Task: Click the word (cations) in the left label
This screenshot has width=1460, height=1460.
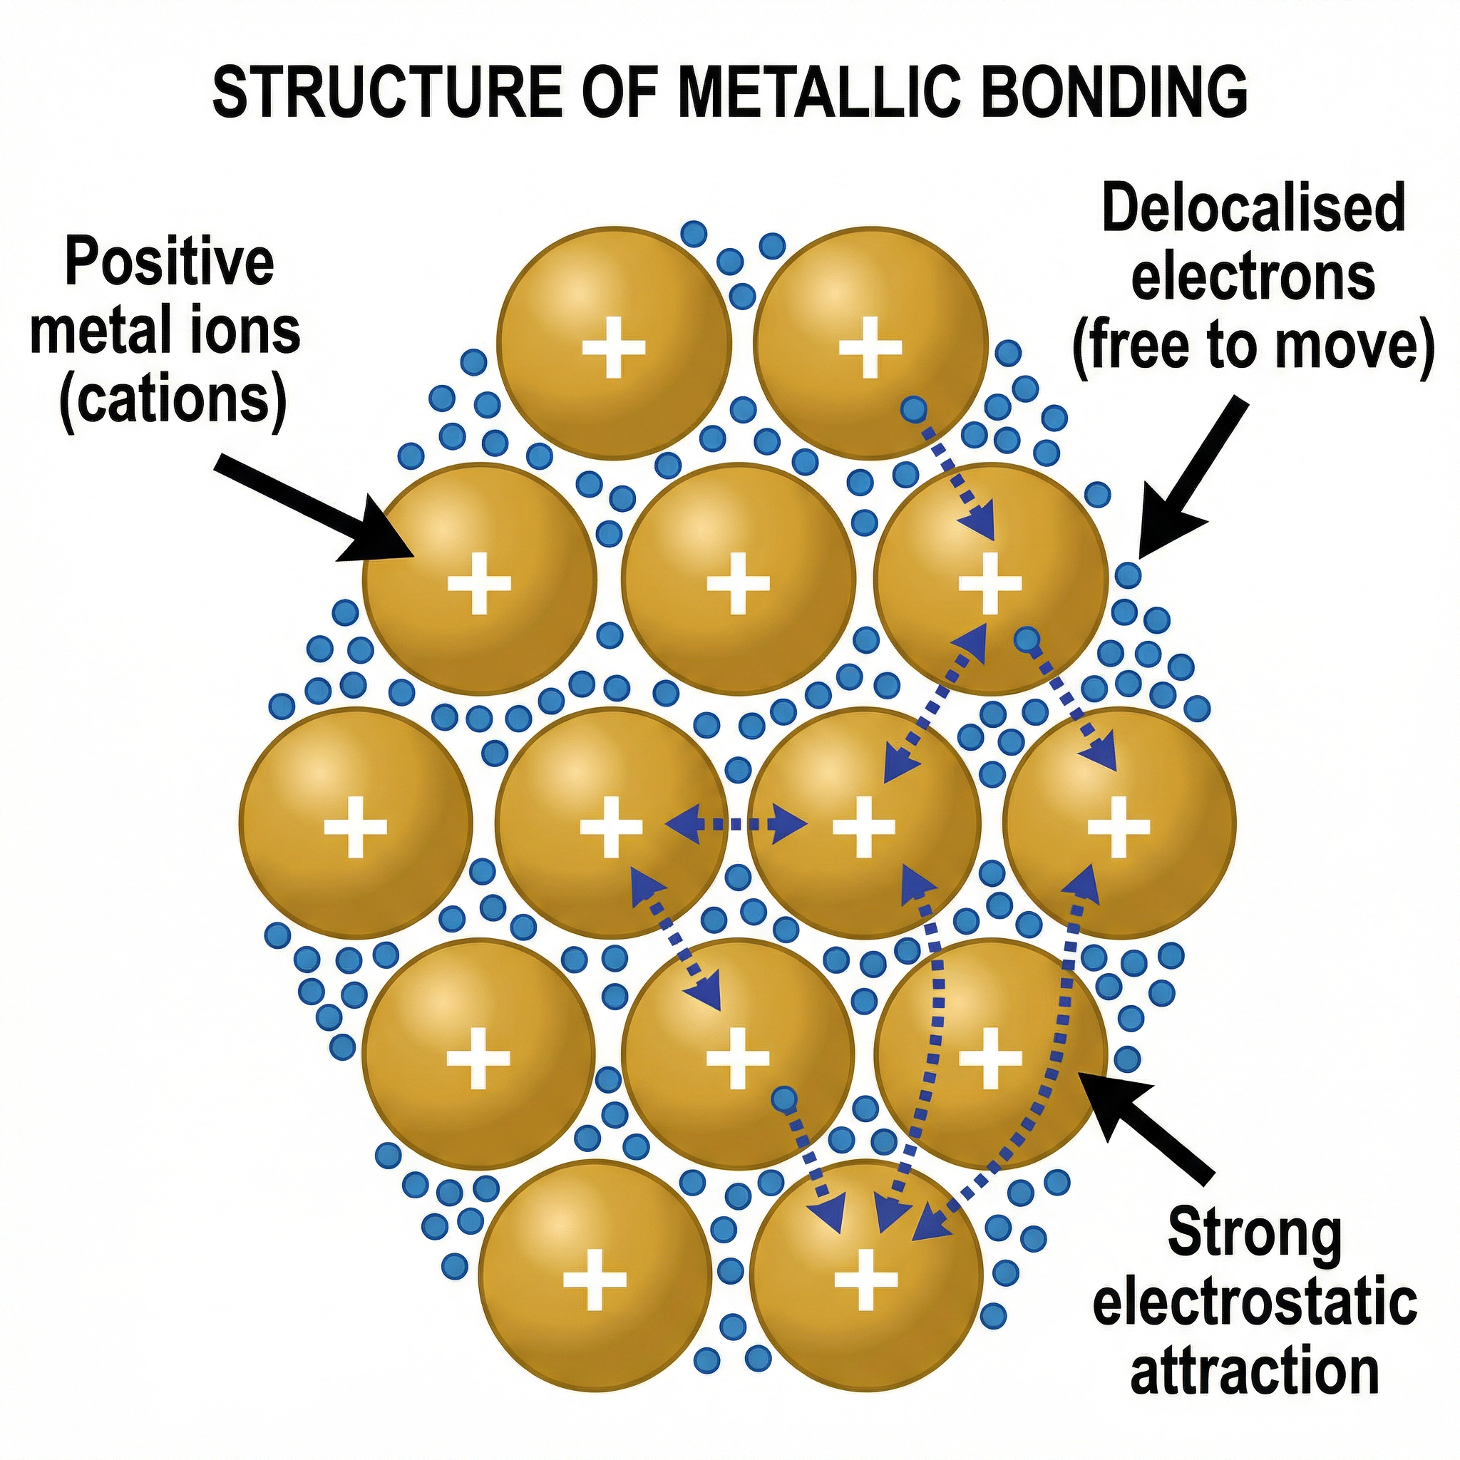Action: click(173, 401)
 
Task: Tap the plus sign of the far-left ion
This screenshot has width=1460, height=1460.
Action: click(355, 826)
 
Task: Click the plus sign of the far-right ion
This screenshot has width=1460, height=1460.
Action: click(1119, 826)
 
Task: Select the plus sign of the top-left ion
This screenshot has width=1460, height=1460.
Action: click(614, 348)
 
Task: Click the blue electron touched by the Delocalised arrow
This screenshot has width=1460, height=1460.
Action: click(1129, 575)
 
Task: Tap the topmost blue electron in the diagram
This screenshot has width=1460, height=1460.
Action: click(692, 234)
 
